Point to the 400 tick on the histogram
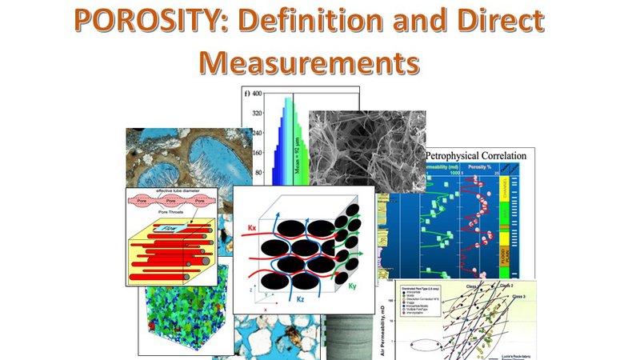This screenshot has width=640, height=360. tap(258, 94)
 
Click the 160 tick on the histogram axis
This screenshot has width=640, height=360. tap(258, 152)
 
